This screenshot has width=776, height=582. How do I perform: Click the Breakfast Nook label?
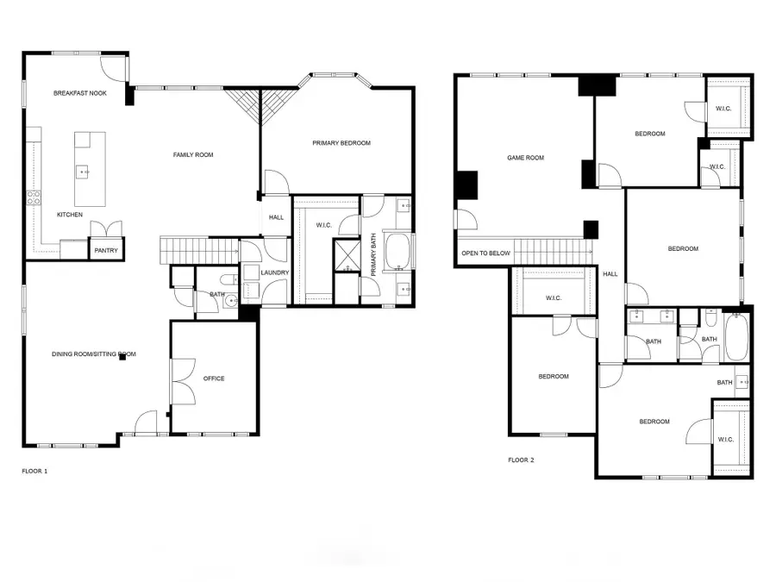click(x=80, y=93)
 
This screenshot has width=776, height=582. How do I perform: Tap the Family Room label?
click(x=193, y=155)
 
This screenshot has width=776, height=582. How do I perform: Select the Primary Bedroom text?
click(x=341, y=143)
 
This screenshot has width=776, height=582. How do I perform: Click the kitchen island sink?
click(x=84, y=172)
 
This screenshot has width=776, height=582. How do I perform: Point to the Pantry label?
click(x=107, y=251)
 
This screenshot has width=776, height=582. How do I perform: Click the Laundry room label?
click(x=275, y=273)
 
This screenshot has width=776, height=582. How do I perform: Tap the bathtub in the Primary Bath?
click(x=398, y=251)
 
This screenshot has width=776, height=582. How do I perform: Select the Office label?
click(x=214, y=379)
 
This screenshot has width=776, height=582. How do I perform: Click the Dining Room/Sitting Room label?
click(x=95, y=354)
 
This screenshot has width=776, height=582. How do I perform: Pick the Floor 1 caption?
click(x=34, y=472)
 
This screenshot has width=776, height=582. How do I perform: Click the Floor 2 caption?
click(x=521, y=460)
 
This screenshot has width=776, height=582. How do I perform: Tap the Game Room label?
click(x=525, y=158)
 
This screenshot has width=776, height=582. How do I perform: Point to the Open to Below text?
click(x=486, y=253)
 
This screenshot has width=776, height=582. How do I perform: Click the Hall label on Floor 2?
click(x=610, y=274)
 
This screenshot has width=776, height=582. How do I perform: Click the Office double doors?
click(x=183, y=379)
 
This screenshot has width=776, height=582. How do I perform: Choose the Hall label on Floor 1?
click(x=276, y=218)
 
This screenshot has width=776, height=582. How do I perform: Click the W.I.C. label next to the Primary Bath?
click(x=324, y=226)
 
